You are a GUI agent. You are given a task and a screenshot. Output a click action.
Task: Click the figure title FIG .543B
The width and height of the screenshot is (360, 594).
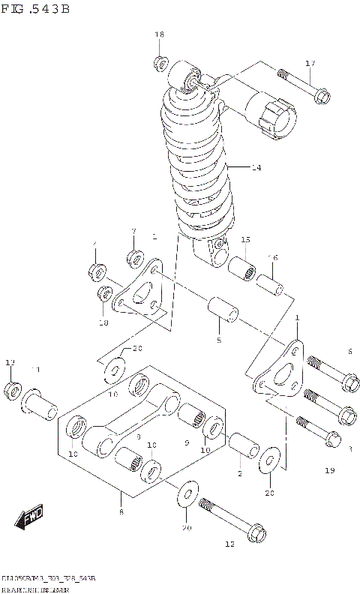pyautogui.click(x=36, y=10)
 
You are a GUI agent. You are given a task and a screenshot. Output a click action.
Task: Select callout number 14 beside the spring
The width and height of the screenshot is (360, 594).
pyautogui.click(x=256, y=167)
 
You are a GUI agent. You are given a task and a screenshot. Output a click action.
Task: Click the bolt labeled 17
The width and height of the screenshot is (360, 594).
pyautogui.click(x=304, y=85)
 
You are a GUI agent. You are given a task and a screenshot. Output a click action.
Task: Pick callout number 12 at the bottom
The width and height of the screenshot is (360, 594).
pyautogui.click(x=229, y=543)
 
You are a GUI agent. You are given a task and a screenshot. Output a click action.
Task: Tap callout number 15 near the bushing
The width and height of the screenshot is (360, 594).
pyautogui.click(x=245, y=239)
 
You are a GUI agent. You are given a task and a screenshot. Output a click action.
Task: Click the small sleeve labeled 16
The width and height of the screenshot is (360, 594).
pyautogui.click(x=269, y=286)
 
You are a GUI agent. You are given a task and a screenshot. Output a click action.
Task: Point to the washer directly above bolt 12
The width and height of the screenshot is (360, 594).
pyautogui.click(x=187, y=494)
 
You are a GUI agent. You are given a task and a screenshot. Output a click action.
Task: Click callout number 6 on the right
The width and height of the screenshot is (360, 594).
pyautogui.click(x=349, y=351)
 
